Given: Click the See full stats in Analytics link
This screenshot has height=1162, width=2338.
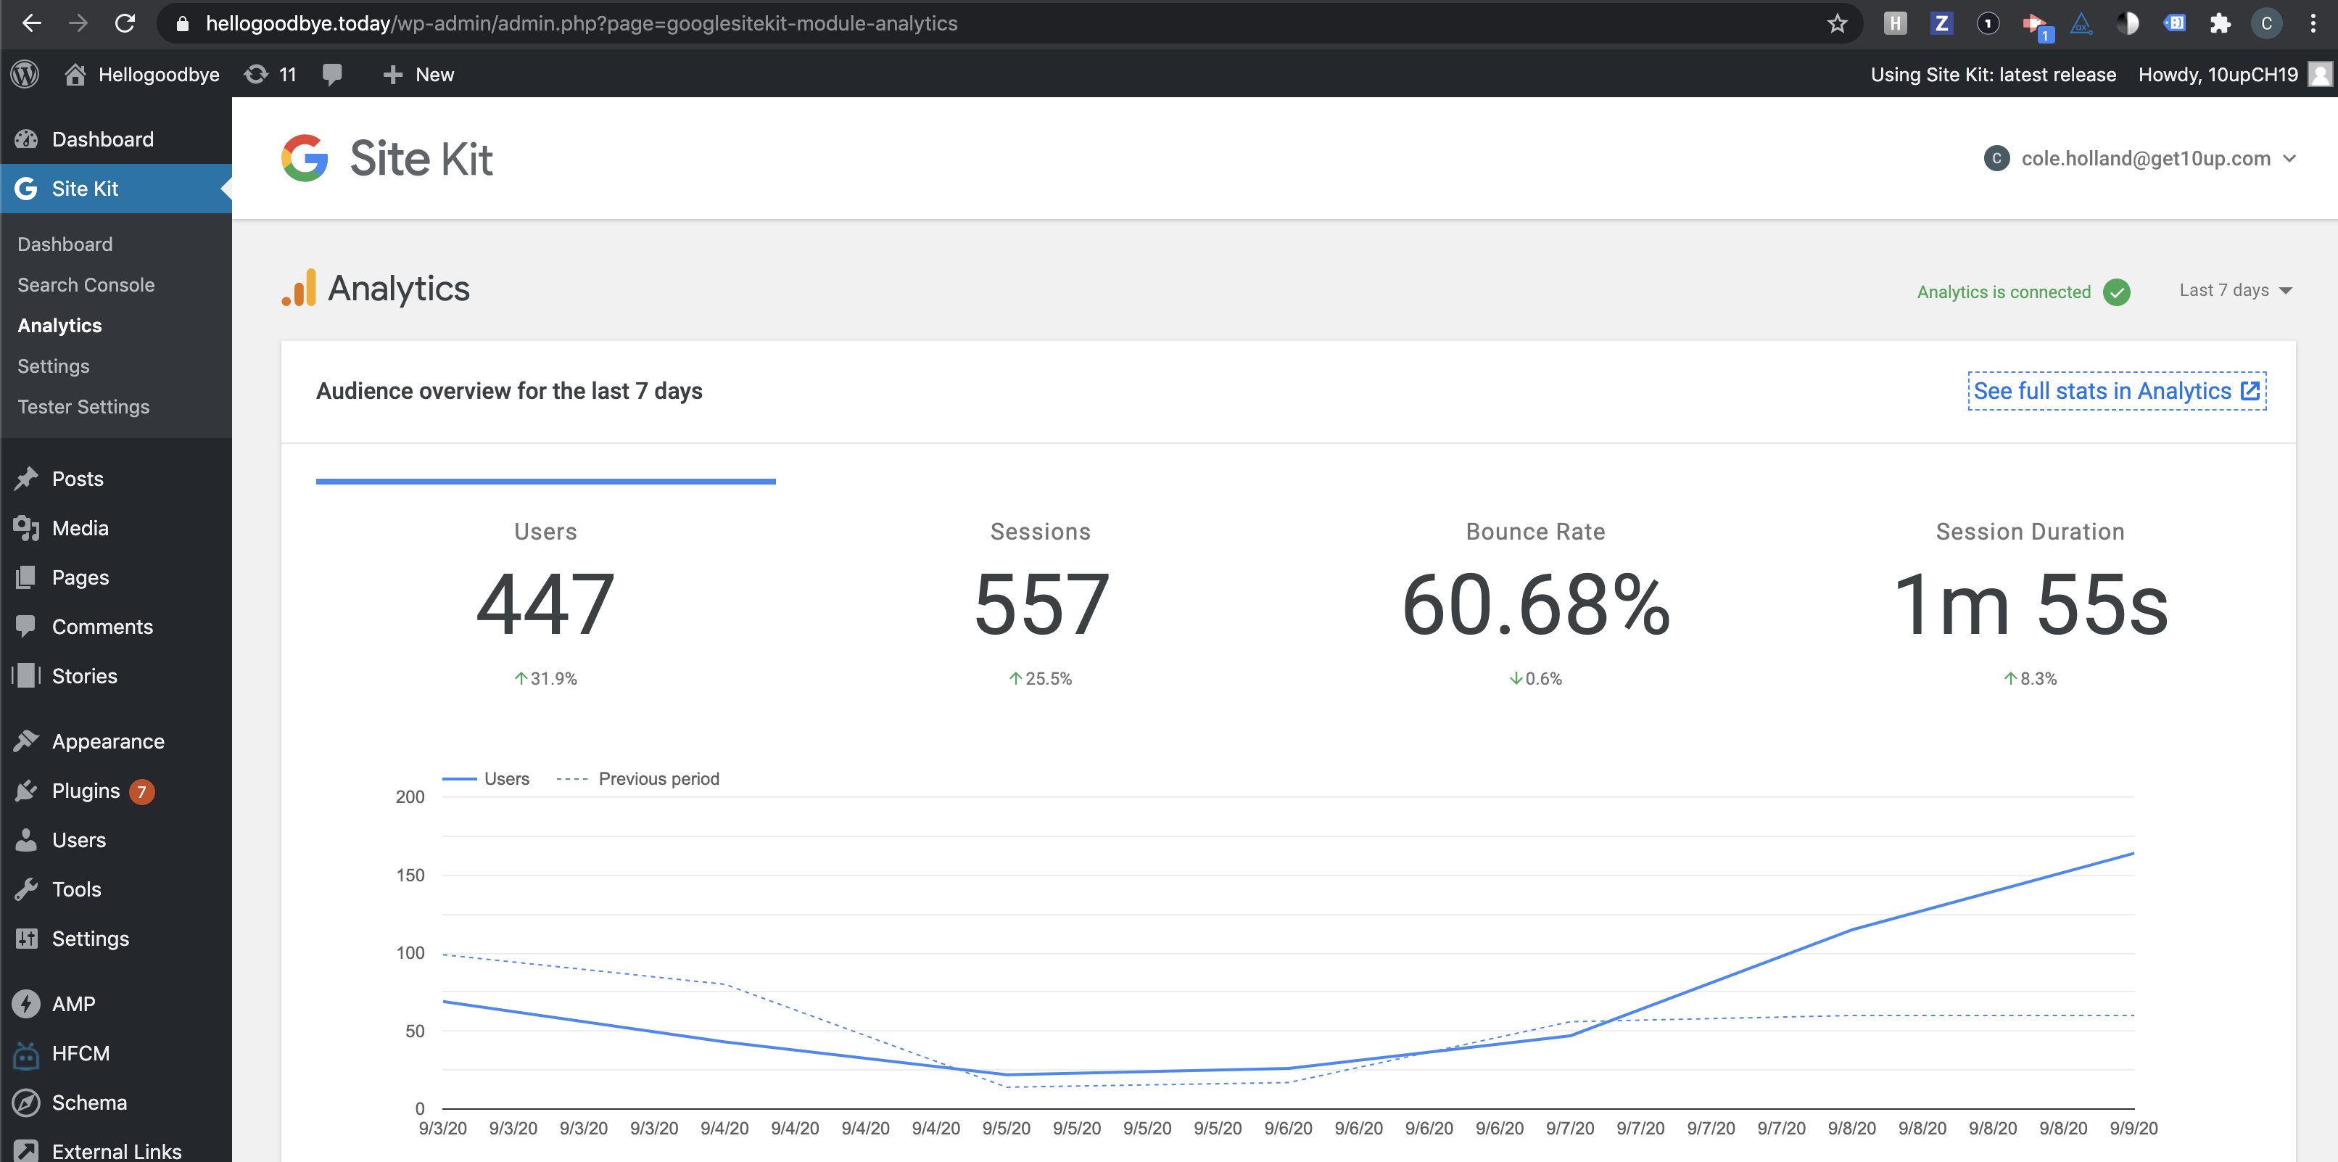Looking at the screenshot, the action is pyautogui.click(x=2117, y=391).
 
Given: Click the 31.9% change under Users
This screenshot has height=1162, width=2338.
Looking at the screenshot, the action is pyautogui.click(x=545, y=678).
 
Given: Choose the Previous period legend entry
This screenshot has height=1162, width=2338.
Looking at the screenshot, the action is pyautogui.click(x=638, y=779).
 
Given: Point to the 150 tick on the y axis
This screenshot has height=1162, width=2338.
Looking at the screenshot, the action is pyautogui.click(x=410, y=875).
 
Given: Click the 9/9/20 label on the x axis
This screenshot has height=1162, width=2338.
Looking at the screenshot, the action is pyautogui.click(x=2133, y=1129).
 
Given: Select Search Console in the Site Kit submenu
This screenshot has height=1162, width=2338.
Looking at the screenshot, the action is pyautogui.click(x=86, y=285).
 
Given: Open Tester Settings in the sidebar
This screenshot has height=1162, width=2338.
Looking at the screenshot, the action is pyautogui.click(x=83, y=407).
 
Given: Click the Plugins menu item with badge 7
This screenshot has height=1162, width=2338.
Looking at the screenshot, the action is pyautogui.click(x=86, y=791).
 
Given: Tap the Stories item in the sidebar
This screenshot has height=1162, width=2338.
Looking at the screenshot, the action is pyautogui.click(x=84, y=676).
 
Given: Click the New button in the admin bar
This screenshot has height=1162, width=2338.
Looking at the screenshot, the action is pyautogui.click(x=418, y=75).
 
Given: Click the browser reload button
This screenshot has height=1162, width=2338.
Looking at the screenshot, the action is pyautogui.click(x=125, y=24).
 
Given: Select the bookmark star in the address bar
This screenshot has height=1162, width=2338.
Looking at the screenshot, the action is pyautogui.click(x=1837, y=24).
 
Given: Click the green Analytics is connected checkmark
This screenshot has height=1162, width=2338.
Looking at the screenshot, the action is pyautogui.click(x=2117, y=292).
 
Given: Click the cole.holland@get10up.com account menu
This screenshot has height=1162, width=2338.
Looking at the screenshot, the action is pyautogui.click(x=2140, y=159).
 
